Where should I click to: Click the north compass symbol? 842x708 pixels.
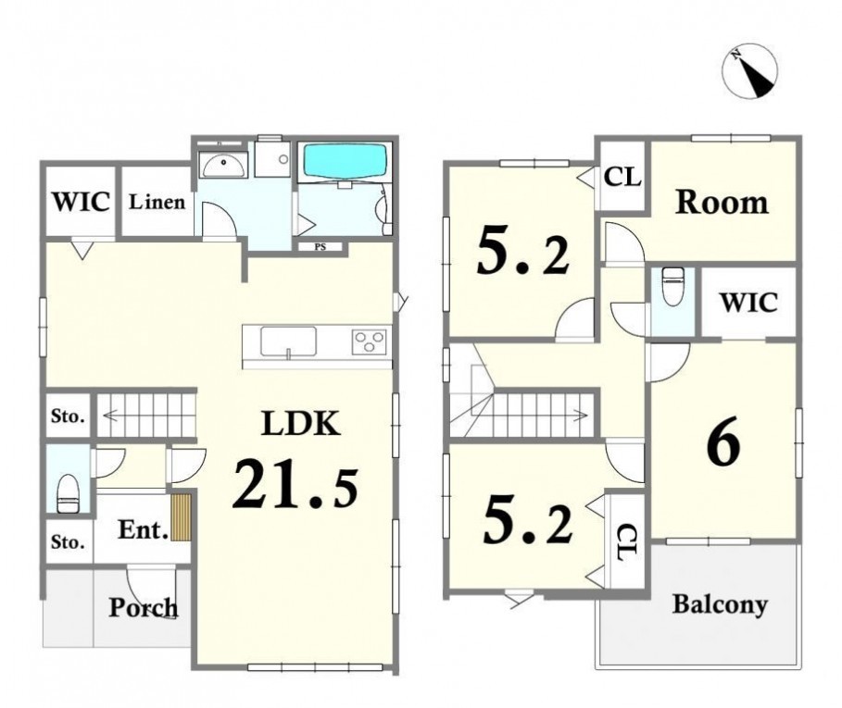(750, 71)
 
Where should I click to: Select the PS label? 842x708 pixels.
(320, 247)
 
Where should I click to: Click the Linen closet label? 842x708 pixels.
(157, 202)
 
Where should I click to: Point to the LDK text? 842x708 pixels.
(301, 423)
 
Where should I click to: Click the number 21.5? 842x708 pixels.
(295, 484)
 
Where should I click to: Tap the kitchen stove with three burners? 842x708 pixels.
(370, 342)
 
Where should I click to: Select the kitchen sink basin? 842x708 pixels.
(288, 342)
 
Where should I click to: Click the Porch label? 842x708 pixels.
(144, 608)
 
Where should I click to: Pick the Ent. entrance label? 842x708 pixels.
(144, 530)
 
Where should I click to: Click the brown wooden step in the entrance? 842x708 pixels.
(181, 517)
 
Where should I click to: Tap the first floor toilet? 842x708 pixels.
(69, 493)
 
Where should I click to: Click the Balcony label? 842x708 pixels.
(720, 604)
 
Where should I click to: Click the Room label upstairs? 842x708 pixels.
(722, 202)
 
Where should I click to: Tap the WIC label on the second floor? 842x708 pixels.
(748, 303)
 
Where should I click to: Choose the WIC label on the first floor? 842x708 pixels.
(82, 202)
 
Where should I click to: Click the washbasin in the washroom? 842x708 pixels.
(223, 164)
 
